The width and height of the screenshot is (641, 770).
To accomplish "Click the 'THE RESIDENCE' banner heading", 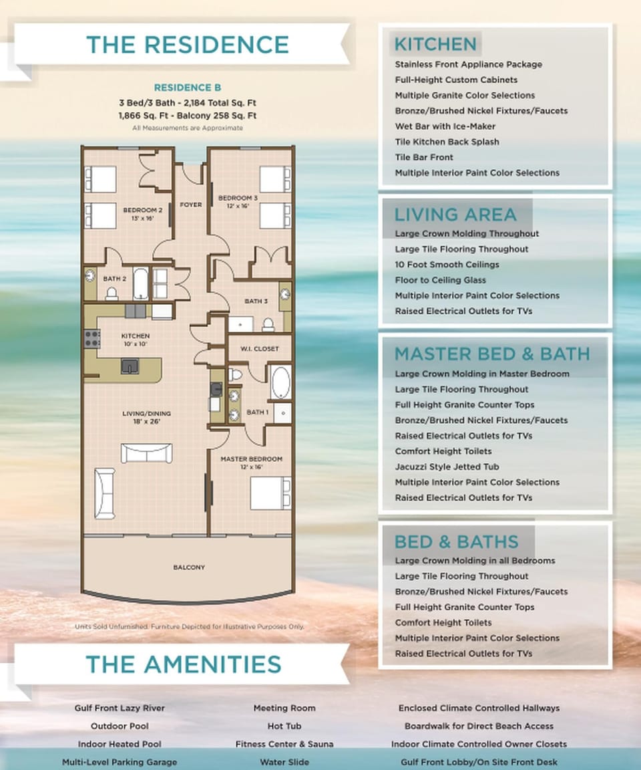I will [187, 45].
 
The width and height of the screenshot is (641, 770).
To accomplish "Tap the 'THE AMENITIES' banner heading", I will [183, 664].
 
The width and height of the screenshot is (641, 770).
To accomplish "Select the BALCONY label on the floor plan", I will [189, 567].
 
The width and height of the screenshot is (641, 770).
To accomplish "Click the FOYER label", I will [191, 205].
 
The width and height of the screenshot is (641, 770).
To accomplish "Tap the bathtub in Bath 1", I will [280, 383].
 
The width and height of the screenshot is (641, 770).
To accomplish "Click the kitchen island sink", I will [130, 365].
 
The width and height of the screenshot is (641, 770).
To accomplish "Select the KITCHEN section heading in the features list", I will [435, 44].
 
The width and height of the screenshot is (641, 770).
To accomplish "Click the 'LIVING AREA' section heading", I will [455, 215].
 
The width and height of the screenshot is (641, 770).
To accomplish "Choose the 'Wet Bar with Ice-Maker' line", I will [445, 126].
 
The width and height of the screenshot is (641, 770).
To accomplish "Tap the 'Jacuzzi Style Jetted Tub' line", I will [447, 467].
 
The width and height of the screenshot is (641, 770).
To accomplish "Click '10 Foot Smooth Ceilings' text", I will [447, 265].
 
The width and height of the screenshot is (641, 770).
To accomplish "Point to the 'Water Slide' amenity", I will [284, 762].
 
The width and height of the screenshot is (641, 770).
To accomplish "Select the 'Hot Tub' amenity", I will [284, 726].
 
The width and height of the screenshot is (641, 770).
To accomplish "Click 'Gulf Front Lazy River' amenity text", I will [120, 708].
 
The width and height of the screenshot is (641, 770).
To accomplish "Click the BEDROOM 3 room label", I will [238, 198].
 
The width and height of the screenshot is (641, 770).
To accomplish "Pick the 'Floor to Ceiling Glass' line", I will [440, 280].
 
